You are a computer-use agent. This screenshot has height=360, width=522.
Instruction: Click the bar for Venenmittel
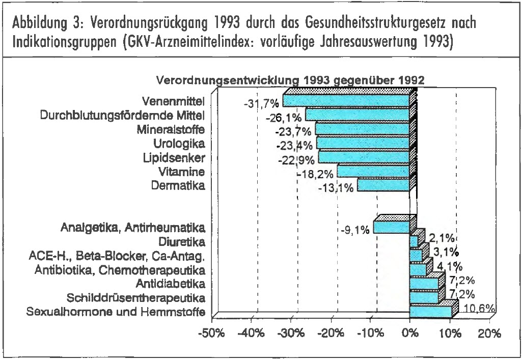pyautogui.click(x=346, y=100)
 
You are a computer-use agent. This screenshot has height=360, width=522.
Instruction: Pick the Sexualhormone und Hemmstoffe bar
pyautogui.click(x=430, y=311)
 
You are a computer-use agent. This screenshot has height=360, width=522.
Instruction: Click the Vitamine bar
pyautogui.click(x=373, y=171)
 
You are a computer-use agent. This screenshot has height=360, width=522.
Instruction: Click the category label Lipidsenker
pyautogui.click(x=174, y=157)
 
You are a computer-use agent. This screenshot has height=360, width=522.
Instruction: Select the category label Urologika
pyautogui.click(x=179, y=143)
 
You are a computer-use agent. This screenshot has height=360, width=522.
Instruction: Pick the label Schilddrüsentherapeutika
pyautogui.click(x=136, y=297)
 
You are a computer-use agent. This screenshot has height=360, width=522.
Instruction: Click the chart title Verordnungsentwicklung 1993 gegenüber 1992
pyautogui.click(x=290, y=80)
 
